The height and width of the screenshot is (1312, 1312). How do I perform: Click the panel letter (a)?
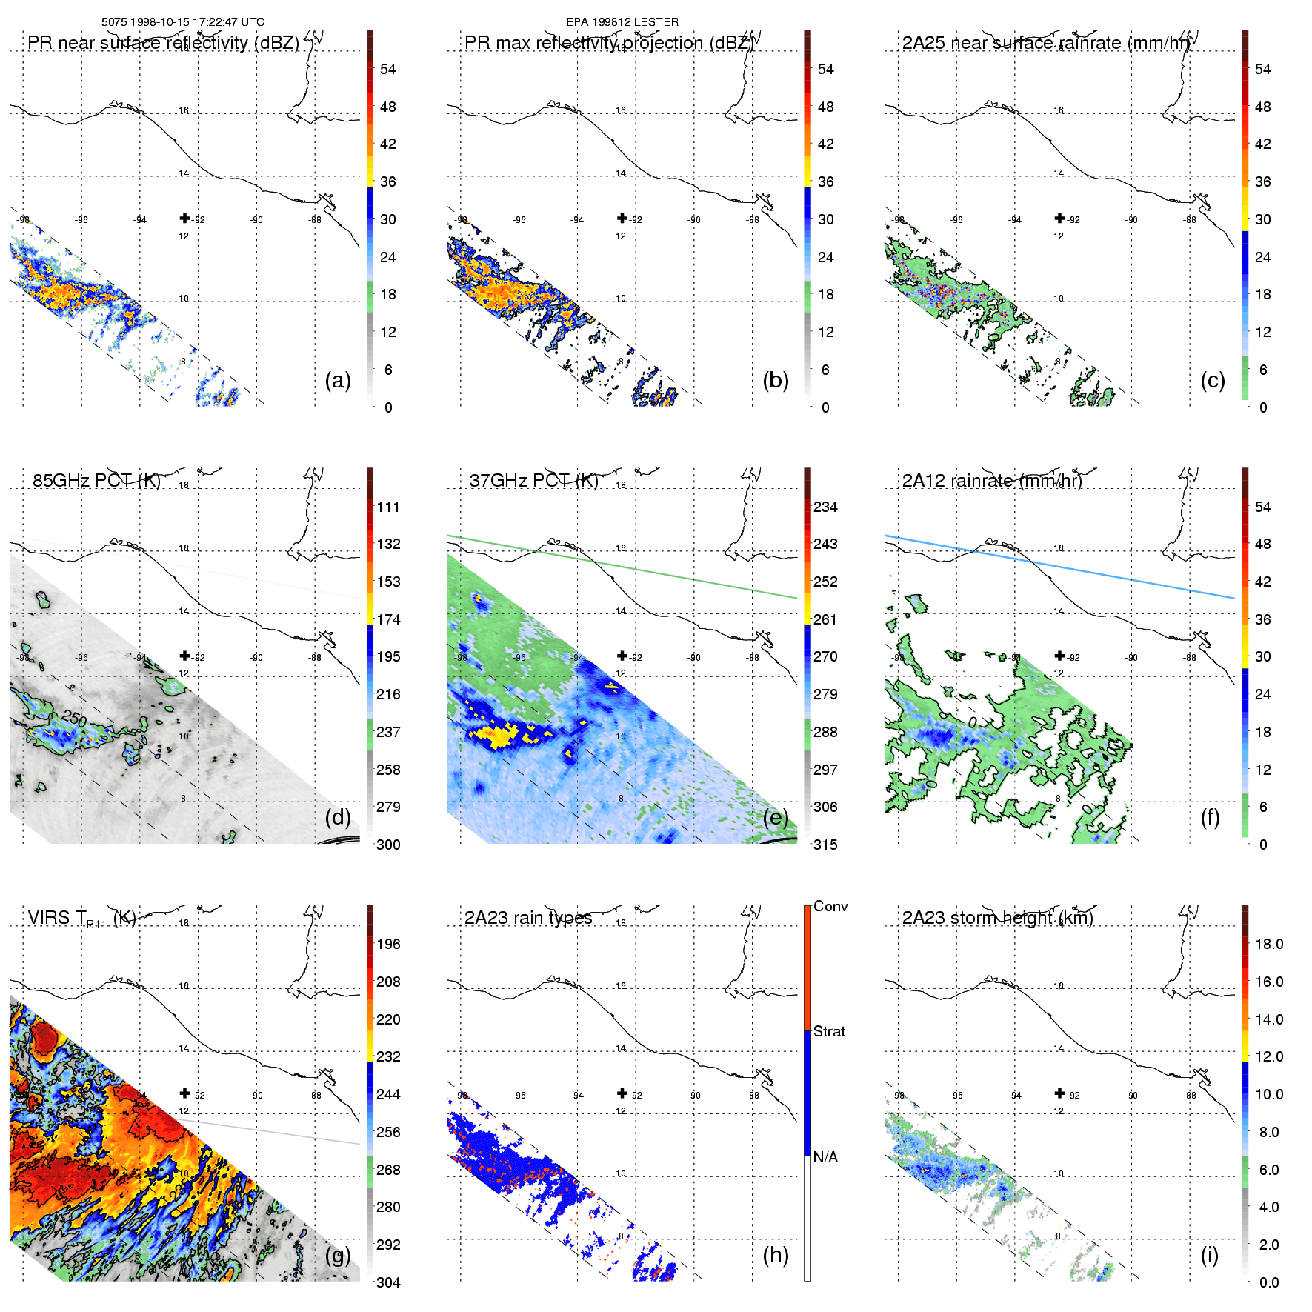337,381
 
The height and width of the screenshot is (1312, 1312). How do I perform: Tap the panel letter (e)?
775,818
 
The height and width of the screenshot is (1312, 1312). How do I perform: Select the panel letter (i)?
1209,1256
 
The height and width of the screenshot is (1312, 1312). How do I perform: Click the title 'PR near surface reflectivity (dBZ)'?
163,43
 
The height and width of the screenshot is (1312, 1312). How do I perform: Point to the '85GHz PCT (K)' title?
96,481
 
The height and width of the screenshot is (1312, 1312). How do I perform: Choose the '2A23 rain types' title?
527,918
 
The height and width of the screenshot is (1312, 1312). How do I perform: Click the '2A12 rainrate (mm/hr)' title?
991,481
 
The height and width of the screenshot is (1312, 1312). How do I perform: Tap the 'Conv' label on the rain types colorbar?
830,907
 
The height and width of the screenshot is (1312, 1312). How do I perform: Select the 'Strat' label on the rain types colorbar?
828,1031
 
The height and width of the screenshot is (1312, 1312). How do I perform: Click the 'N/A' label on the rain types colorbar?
825,1157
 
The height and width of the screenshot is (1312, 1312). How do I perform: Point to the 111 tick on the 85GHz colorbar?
387,507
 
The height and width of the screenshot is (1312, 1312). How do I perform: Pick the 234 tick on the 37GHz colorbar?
825,507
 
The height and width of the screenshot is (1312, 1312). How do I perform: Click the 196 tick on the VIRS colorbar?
387,944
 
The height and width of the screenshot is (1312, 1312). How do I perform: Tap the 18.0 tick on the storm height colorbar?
1268,944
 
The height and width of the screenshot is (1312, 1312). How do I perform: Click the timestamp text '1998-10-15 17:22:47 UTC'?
197,22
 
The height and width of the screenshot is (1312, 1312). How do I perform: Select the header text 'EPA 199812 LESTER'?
622,22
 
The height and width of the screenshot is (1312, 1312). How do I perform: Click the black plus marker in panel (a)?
184,218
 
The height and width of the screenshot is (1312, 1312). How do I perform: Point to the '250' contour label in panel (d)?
75,717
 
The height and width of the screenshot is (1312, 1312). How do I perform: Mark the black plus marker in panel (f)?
1059,656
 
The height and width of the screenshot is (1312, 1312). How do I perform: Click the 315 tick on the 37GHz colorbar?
825,845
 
